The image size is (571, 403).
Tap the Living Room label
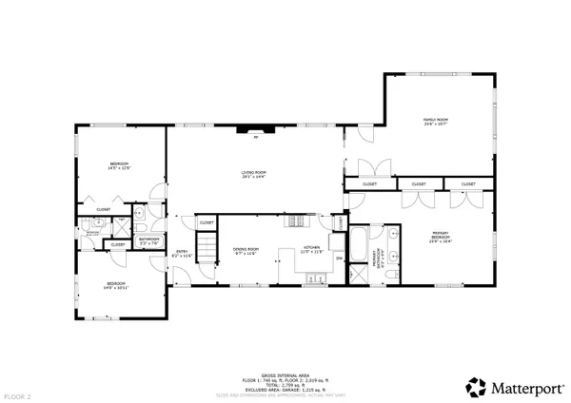click(x=252, y=174)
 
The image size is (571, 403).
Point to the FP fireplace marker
click(x=255, y=138)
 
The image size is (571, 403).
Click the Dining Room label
click(x=246, y=252)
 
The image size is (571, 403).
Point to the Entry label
click(x=181, y=254)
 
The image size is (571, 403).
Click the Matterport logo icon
click(x=475, y=387)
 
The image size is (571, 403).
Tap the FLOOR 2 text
click(x=16, y=394)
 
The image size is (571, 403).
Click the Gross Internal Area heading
click(x=285, y=377)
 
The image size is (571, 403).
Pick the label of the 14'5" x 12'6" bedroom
click(x=119, y=166)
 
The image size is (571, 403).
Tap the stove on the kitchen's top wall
click(x=299, y=221)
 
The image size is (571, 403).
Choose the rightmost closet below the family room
click(x=467, y=183)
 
